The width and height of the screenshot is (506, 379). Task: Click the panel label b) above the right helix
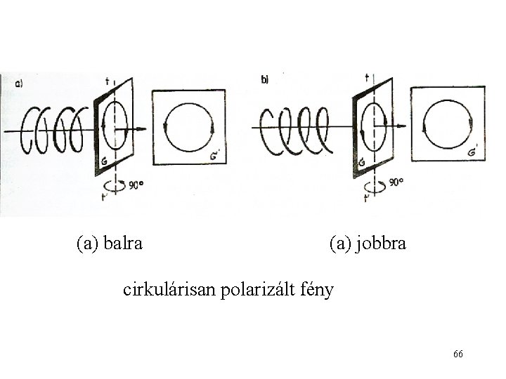(265, 80)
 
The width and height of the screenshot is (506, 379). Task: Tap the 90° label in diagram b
(396, 182)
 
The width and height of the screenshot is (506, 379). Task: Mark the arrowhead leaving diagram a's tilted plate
(142, 129)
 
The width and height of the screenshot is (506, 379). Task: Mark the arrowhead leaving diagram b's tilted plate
(403, 126)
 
